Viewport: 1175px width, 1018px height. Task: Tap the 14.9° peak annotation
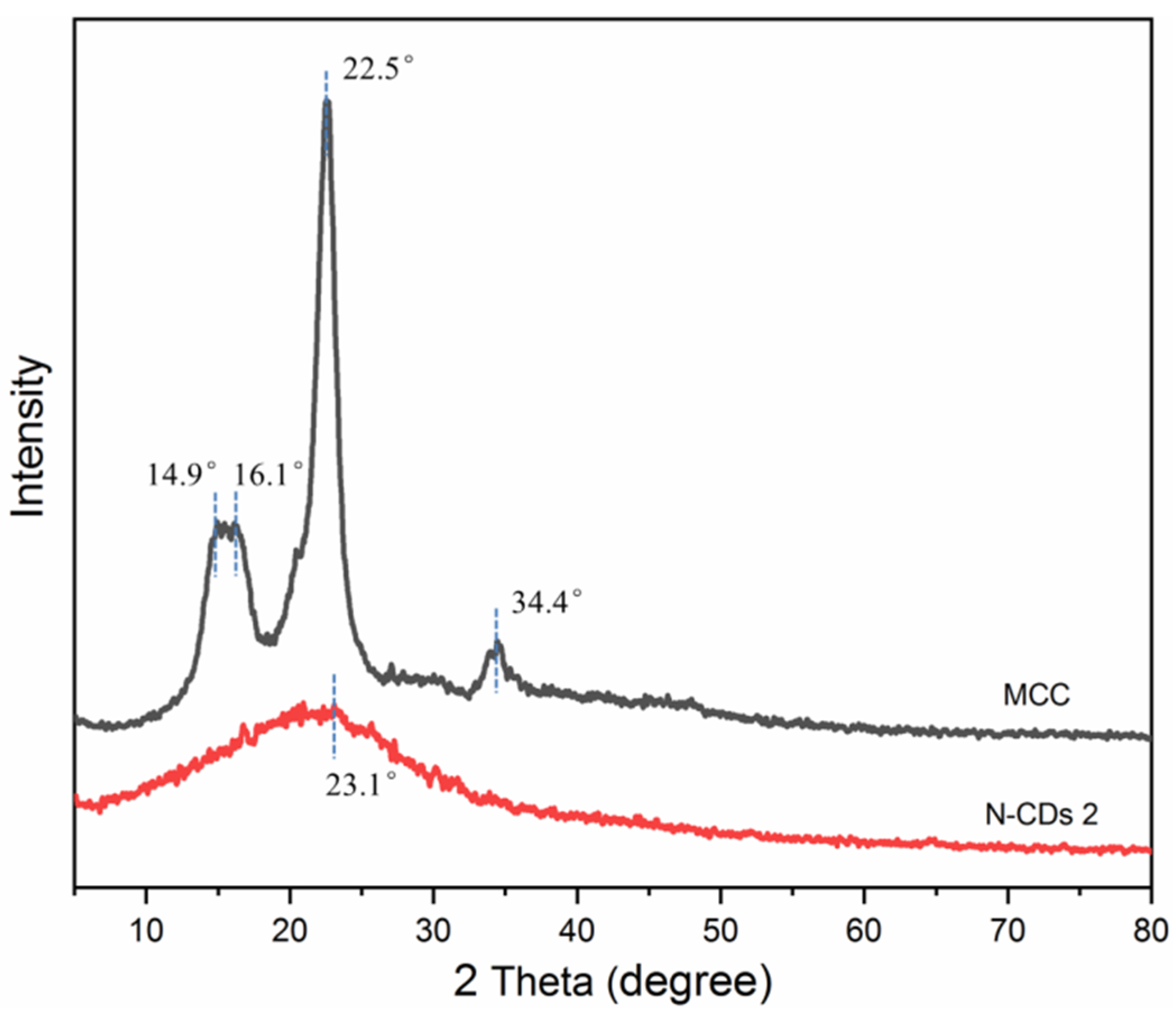(182, 474)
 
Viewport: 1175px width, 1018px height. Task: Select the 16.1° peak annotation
(268, 474)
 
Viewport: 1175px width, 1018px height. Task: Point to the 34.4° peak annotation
(547, 602)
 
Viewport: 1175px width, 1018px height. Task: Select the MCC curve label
(1036, 695)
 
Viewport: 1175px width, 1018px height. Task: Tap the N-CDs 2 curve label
(1041, 815)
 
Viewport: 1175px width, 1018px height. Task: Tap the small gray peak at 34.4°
(497, 645)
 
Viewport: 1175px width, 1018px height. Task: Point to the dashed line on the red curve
(334, 716)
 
